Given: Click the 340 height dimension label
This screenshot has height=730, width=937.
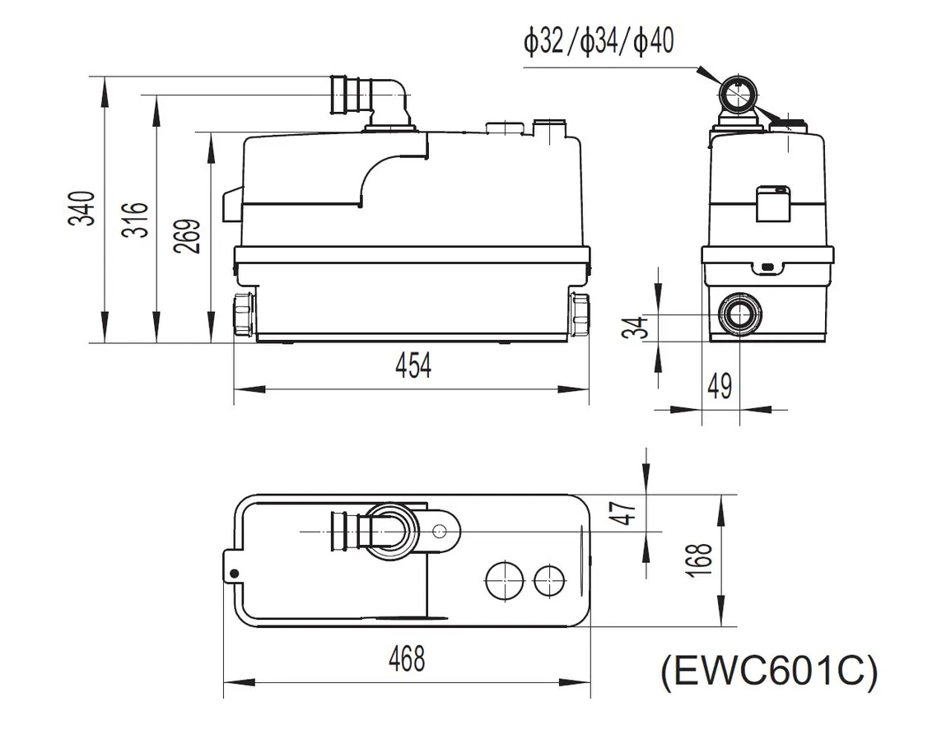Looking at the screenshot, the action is point(82,208).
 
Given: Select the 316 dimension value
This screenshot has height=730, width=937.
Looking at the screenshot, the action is point(135,220).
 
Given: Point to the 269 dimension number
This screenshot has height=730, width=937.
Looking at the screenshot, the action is point(188,236).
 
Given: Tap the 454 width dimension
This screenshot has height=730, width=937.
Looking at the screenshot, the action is point(413,365).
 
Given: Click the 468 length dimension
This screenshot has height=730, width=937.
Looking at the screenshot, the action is point(407,659).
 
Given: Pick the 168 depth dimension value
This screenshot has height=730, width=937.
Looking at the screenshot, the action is point(700,560).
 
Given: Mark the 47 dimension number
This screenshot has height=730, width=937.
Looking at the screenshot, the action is point(627,513).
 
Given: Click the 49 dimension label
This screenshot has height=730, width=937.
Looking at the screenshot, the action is point(720,386).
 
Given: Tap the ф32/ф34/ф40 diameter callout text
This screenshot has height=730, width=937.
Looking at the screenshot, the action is point(599,42).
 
